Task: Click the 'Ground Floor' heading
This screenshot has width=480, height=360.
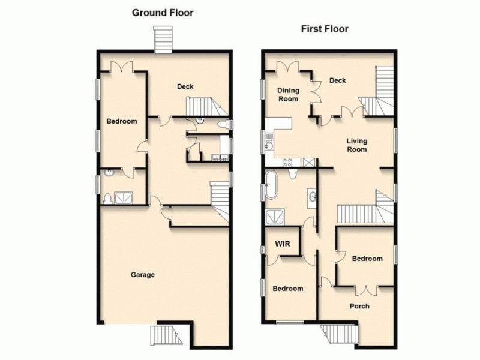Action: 163,13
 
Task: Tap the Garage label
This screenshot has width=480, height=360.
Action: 143,275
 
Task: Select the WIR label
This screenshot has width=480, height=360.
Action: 283,245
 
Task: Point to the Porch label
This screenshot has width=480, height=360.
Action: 359,306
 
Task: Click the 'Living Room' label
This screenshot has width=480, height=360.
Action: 356,145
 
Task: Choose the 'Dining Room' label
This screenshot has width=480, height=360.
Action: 288,95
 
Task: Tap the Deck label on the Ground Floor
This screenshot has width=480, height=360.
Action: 185,87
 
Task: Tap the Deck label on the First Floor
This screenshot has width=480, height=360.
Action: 338,80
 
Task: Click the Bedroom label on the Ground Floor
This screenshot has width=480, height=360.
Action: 122,121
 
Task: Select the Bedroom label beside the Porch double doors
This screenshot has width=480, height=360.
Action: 367,259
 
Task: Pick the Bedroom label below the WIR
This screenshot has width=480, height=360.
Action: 288,289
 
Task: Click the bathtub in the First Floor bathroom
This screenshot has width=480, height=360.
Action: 272,185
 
